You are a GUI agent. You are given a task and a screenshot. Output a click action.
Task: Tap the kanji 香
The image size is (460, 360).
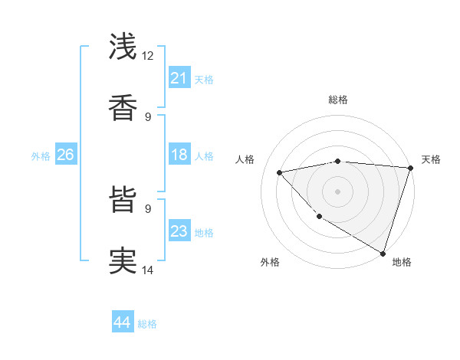(x=123, y=107)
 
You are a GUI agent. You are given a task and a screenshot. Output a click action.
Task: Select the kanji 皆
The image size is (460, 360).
(x=123, y=201)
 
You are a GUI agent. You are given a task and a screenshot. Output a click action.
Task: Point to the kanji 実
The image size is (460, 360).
(x=123, y=260)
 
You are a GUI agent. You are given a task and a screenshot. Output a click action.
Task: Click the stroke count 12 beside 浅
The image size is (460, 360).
(x=148, y=56)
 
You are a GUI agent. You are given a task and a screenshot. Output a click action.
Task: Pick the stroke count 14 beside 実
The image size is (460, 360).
(x=148, y=269)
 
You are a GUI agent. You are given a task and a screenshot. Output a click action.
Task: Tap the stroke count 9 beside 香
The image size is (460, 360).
(x=148, y=116)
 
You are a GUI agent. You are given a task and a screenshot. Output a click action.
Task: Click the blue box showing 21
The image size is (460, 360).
(x=179, y=78)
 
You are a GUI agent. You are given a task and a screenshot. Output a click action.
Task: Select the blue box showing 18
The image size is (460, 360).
(x=179, y=155)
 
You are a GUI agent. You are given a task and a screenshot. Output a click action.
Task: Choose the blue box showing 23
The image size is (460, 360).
(x=179, y=231)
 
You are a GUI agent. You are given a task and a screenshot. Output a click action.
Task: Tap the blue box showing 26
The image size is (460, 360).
(x=65, y=155)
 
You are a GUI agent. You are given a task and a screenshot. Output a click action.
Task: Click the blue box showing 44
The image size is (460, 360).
(x=122, y=323)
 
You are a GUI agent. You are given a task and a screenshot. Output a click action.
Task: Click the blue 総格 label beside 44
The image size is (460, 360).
(x=147, y=324)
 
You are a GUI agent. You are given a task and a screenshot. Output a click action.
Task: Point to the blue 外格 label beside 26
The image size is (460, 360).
(x=41, y=156)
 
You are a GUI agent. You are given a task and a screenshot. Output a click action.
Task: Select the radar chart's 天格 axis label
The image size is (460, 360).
(x=431, y=159)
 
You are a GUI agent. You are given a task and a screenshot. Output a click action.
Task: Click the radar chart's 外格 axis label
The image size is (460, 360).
(x=270, y=262)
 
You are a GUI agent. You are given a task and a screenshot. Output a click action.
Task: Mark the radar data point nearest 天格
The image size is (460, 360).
(x=410, y=168)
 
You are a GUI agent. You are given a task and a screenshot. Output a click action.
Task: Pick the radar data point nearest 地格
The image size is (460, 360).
(x=383, y=253)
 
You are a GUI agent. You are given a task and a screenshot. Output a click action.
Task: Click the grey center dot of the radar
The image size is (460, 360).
(x=337, y=191)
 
